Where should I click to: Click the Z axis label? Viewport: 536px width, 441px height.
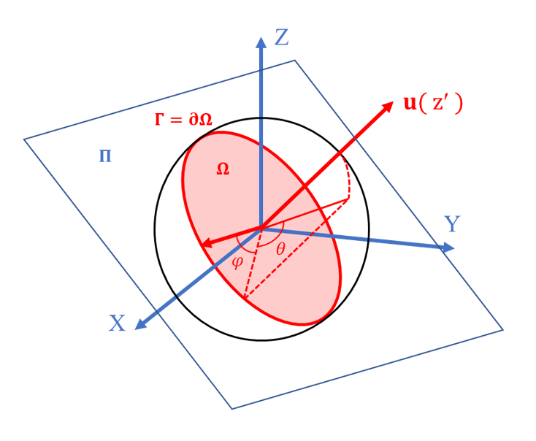(282, 37)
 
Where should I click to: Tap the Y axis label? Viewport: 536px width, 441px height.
(452, 224)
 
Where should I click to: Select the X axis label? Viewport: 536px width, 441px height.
(117, 323)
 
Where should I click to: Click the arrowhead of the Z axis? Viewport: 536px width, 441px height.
(261, 42)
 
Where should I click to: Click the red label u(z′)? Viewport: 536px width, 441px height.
(433, 103)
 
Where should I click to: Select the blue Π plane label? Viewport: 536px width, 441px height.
(105, 156)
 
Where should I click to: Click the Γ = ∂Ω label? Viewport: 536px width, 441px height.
(183, 120)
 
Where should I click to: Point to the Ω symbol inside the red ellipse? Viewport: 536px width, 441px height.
(223, 169)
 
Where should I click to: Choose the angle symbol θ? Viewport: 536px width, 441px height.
(280, 249)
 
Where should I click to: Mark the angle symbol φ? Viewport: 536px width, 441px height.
(237, 262)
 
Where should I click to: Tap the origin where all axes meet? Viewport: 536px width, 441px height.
(261, 229)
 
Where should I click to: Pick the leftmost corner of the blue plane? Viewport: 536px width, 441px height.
(24, 139)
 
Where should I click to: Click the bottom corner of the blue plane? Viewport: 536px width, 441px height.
(232, 408)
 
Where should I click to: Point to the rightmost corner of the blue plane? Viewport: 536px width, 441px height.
(502, 330)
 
